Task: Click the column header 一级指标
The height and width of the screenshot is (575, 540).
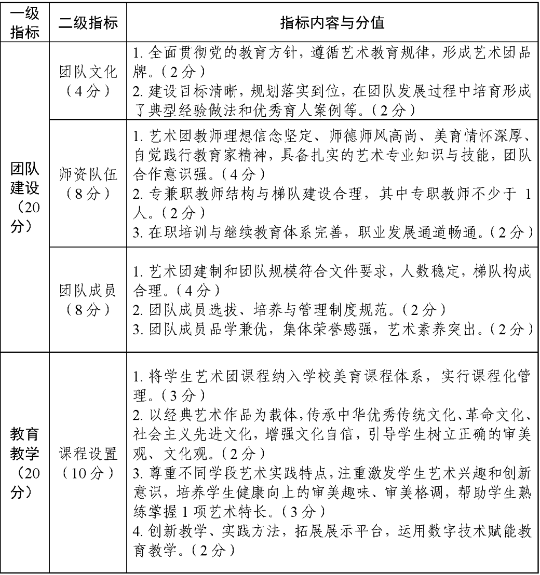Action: pos(25,24)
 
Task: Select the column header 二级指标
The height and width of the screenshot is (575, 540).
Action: pos(88,24)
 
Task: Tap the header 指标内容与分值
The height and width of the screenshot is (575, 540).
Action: pos(332,24)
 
